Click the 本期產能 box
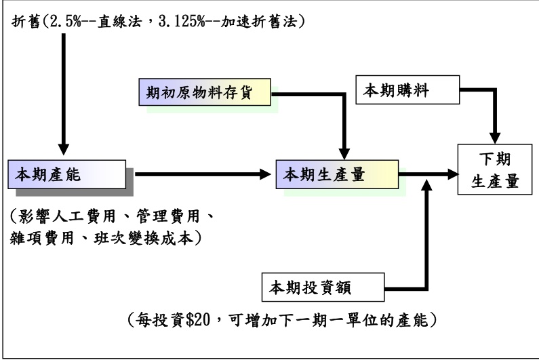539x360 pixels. click(x=66, y=176)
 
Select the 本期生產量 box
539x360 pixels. click(x=336, y=176)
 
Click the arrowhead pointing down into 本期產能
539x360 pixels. click(x=64, y=149)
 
